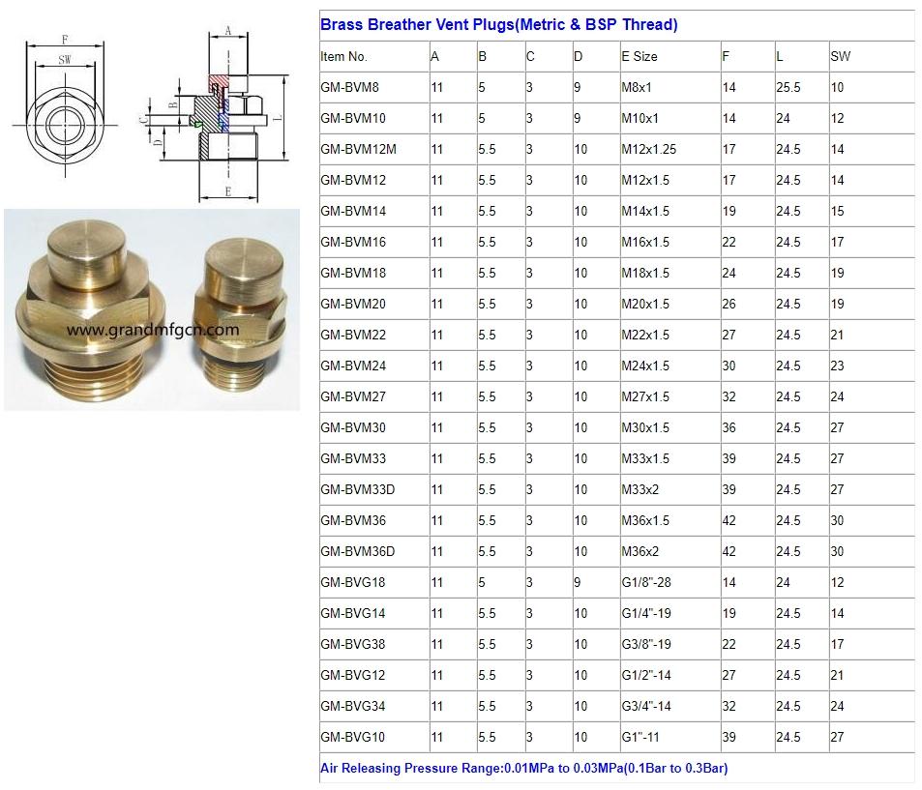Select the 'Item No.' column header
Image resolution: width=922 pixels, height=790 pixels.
(343, 56)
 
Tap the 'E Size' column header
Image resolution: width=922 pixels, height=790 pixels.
(639, 56)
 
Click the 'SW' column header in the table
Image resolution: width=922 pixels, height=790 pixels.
(840, 56)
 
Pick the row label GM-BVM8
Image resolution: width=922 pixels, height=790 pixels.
(349, 87)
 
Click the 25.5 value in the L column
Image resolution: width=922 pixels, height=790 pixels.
(788, 87)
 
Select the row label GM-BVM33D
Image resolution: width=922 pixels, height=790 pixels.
(357, 489)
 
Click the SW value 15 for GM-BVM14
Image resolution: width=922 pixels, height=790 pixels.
(837, 211)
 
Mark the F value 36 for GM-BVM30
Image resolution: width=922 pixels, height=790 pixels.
(729, 427)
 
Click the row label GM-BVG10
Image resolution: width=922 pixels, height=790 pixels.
(352, 737)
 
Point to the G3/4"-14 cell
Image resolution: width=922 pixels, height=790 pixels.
(645, 706)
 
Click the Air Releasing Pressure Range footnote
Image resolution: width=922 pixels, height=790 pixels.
(523, 769)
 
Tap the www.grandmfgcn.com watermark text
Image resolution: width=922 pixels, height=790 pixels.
(153, 330)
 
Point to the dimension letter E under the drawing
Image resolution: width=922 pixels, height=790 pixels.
(227, 191)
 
